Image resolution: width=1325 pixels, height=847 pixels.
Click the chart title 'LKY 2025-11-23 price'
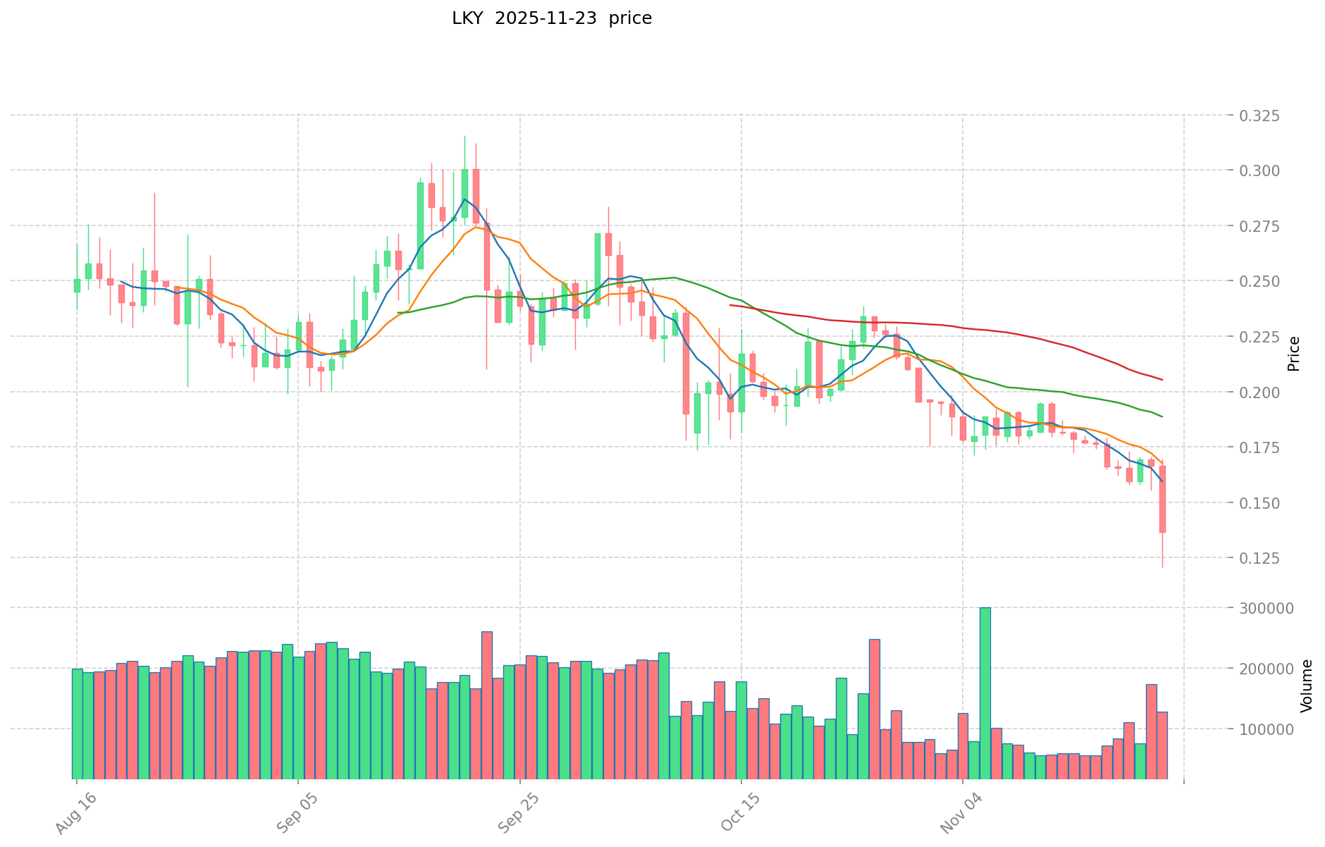pos(552,18)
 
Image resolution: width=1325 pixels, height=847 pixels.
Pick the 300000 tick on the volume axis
pos(1267,608)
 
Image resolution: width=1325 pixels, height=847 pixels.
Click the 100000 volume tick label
pos(1267,729)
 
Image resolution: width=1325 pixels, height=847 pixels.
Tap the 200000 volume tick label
pos(1267,668)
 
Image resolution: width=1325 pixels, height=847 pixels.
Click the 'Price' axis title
pos(1293,354)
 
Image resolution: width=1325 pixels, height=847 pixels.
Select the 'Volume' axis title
pos(1307,686)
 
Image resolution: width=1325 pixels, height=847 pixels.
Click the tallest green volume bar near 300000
pos(985,693)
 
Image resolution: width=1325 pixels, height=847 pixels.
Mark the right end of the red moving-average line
pos(1162,380)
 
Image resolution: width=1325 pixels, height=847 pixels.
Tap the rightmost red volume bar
pos(1162,746)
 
